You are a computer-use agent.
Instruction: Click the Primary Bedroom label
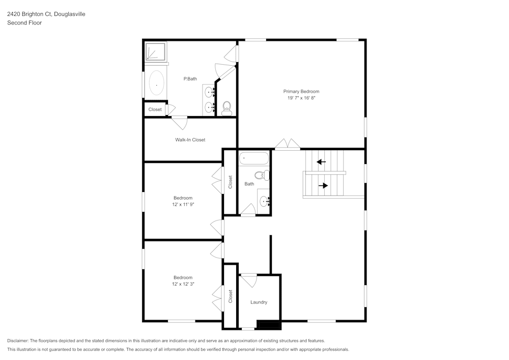pos(301,92)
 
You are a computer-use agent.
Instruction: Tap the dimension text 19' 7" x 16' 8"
pos(301,98)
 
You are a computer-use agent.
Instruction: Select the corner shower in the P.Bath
pos(156,52)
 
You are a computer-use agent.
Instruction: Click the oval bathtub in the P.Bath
pos(156,84)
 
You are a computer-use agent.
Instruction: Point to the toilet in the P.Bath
pos(227,107)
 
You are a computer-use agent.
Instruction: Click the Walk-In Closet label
pos(190,140)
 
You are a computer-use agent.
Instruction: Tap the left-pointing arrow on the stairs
pos(321,162)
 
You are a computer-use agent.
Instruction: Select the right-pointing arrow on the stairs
pos(323,185)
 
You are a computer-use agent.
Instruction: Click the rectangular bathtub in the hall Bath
pos(253,158)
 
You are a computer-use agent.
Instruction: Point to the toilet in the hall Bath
pos(263,175)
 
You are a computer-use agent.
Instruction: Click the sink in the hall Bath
pos(264,202)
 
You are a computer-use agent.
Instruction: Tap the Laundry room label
pos(259,302)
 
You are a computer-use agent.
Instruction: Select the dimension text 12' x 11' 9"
pos(183,204)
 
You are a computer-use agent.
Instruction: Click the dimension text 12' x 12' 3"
pos(183,284)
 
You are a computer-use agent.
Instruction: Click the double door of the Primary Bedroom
pos(288,145)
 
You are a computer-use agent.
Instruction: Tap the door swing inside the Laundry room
pos(249,280)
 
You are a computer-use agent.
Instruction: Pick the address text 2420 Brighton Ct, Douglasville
pos(46,14)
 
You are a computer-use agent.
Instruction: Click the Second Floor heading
pos(24,23)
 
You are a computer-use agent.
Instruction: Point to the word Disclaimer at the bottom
pos(18,341)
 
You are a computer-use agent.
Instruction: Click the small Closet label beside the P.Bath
pos(155,109)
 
